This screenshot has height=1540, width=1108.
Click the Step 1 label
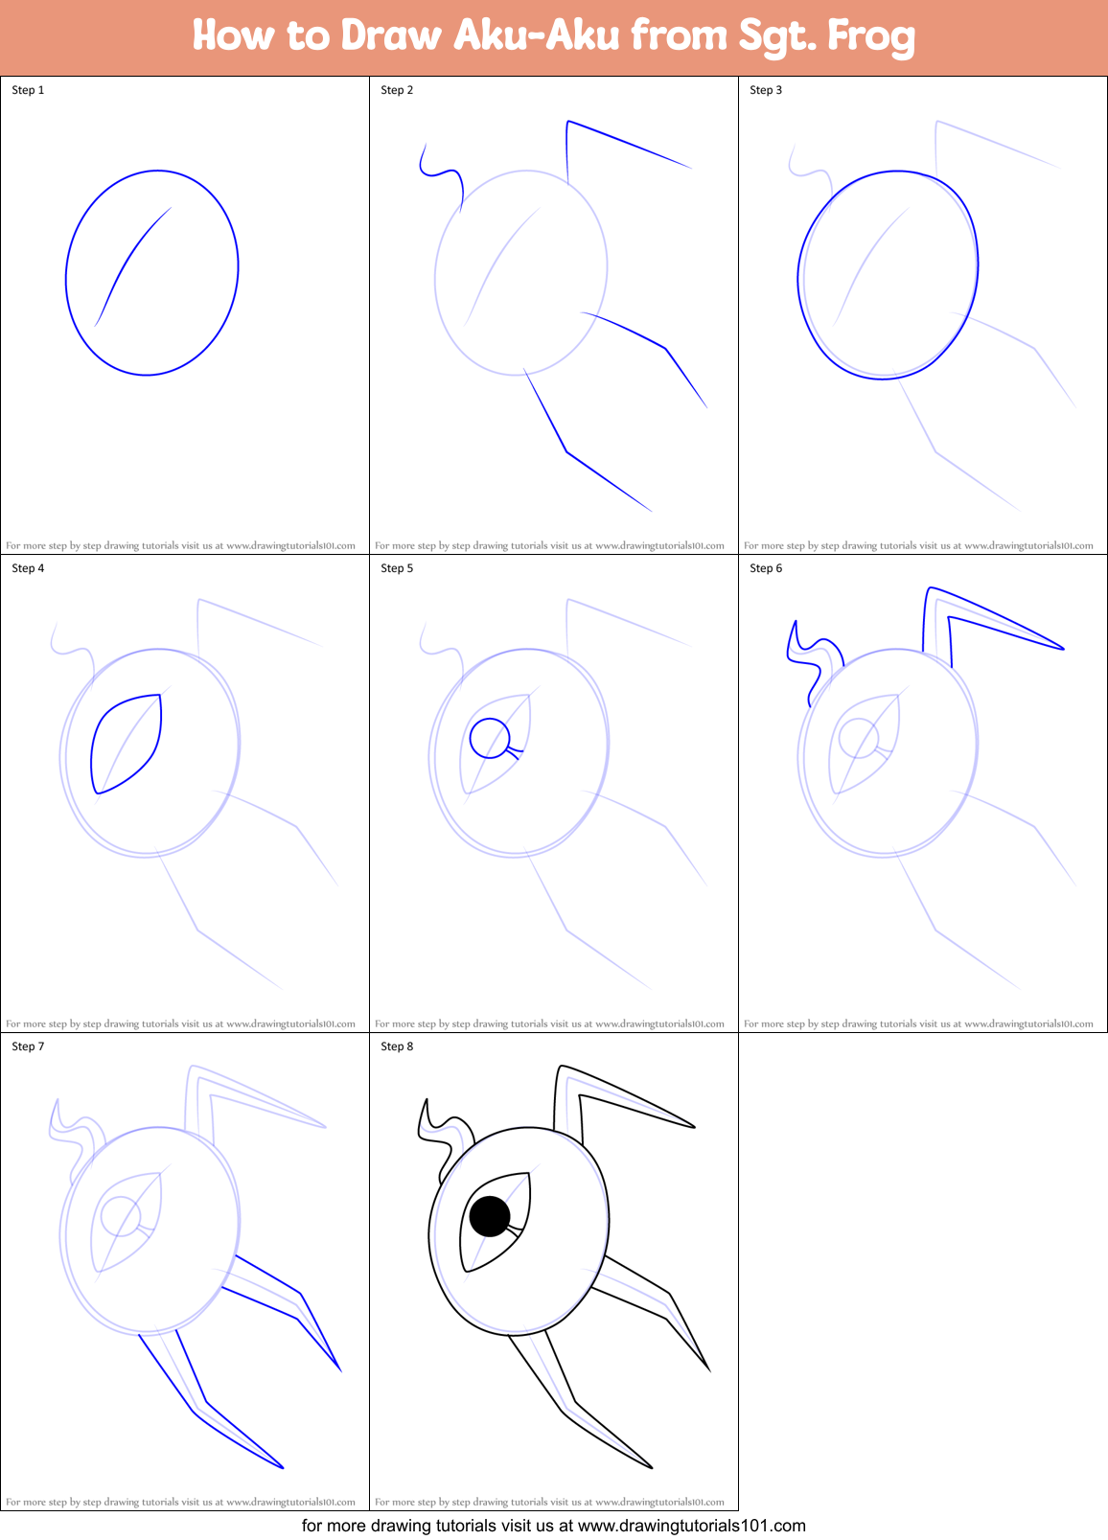click(x=28, y=90)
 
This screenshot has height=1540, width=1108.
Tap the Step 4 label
click(x=28, y=568)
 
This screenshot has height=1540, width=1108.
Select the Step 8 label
click(x=397, y=1046)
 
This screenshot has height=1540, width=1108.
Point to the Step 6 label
click(x=766, y=568)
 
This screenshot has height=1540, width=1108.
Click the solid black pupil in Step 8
click(x=490, y=1216)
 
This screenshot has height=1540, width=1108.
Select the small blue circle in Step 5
click(x=490, y=738)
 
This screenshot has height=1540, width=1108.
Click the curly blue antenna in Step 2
click(x=443, y=173)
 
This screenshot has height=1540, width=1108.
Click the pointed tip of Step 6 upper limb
click(x=1063, y=649)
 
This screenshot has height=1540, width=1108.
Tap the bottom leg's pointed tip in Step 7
click(x=283, y=1467)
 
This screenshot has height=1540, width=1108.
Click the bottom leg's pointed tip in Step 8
click(x=652, y=1467)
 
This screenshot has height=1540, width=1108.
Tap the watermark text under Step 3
click(x=918, y=545)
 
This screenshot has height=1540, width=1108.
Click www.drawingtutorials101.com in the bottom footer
click(x=691, y=1526)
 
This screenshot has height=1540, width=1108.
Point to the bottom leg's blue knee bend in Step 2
click(x=566, y=451)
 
